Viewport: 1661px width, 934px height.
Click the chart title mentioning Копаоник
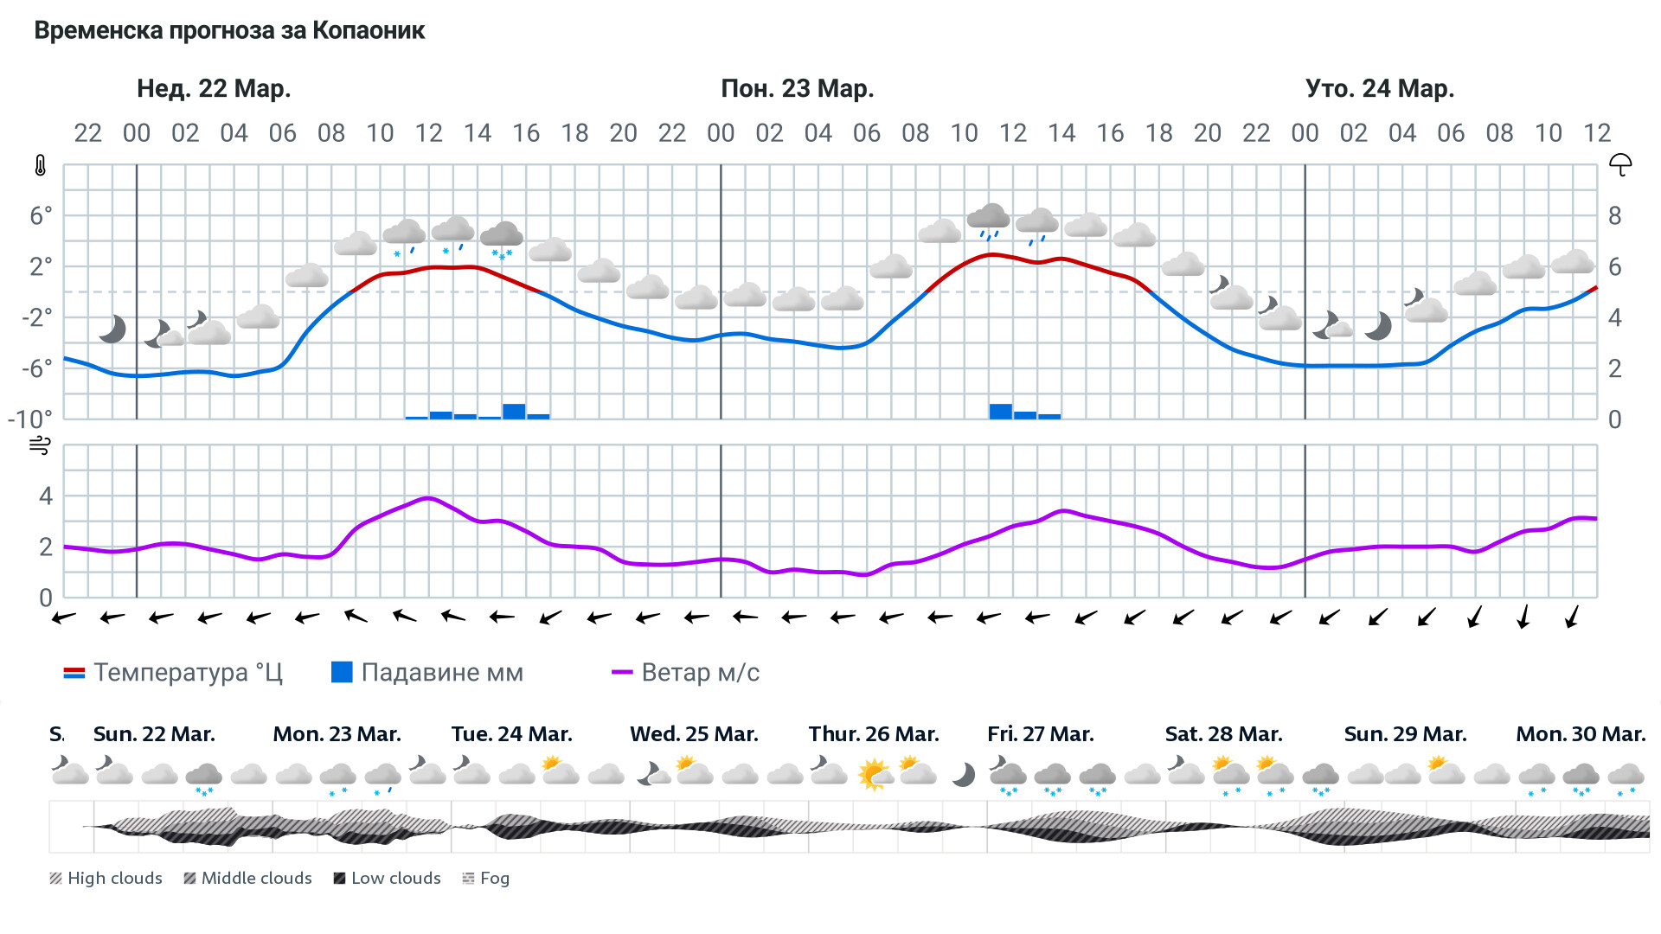coord(229,31)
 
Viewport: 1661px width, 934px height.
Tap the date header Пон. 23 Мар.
coord(797,88)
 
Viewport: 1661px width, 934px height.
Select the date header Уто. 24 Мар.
coord(1379,88)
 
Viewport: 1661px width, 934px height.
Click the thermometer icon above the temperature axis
coord(41,165)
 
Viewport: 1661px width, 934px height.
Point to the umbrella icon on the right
coord(1619,164)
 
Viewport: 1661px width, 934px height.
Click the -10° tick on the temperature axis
coord(30,419)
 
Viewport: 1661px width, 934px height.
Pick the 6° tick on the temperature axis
coord(41,215)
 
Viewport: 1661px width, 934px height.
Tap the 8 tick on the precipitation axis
coord(1614,215)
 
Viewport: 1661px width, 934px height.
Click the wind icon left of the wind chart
coord(40,446)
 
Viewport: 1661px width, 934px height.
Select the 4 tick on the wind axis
coord(46,496)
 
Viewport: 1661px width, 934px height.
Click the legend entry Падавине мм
coord(427,673)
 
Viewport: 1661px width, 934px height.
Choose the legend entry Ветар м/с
coord(685,673)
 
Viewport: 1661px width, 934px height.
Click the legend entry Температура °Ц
coord(173,673)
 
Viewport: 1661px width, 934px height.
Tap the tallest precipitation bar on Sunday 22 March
coord(514,411)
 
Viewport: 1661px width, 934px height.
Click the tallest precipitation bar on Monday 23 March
coord(1000,411)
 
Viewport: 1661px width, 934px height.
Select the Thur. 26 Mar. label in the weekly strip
coord(873,734)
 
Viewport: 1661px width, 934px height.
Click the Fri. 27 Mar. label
coord(1040,734)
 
